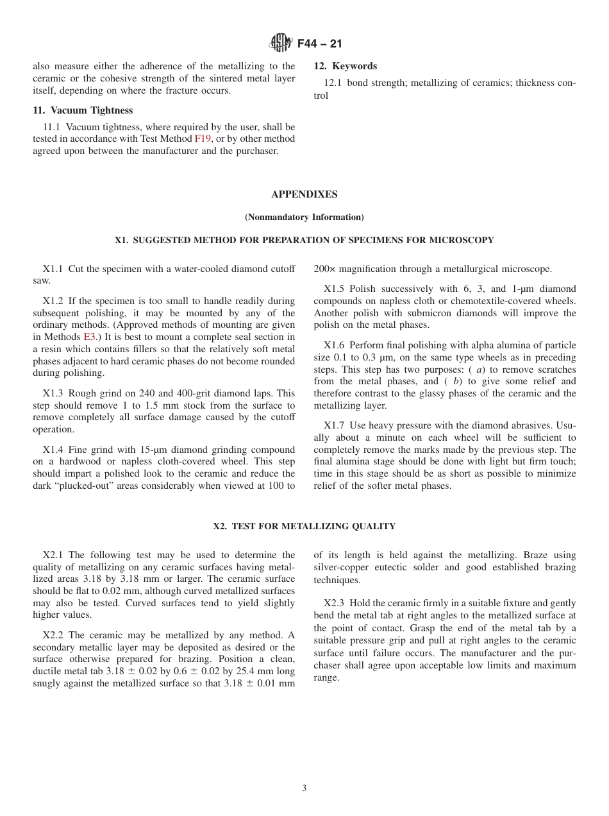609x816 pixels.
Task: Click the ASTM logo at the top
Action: tap(281, 44)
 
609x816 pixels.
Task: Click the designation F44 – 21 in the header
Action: tap(320, 44)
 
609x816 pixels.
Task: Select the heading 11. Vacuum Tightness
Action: tap(83, 110)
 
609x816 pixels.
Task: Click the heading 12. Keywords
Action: tap(345, 66)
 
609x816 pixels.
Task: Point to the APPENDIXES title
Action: tap(304, 194)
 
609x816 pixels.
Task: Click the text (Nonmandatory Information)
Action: tap(304, 217)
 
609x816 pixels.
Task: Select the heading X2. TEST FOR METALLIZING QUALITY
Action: tap(304, 527)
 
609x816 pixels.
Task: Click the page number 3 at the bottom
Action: tap(304, 788)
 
